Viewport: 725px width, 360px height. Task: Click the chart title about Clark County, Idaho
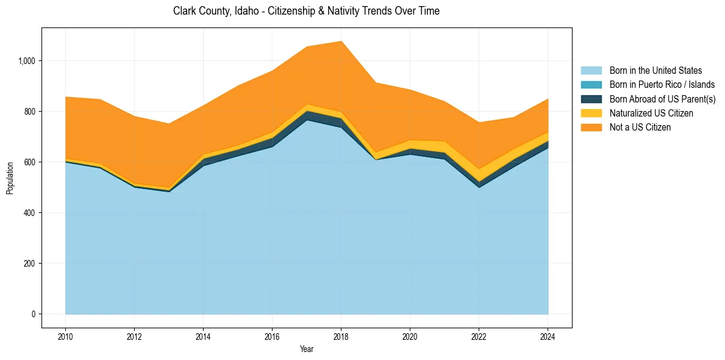point(306,11)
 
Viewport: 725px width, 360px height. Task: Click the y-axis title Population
point(10,178)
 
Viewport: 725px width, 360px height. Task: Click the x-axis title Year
point(307,349)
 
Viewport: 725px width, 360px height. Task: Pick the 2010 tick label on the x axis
point(65,336)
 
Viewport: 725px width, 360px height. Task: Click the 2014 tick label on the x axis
point(203,336)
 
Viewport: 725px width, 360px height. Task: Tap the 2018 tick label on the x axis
point(341,336)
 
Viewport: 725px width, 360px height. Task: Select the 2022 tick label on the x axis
point(479,336)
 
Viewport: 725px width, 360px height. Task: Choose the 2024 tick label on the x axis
point(548,336)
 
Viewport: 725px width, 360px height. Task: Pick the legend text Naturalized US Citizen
point(651,113)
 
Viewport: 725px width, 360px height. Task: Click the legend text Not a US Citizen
point(640,128)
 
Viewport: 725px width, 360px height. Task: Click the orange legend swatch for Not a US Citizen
point(591,128)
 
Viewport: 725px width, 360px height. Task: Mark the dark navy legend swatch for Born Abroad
point(591,99)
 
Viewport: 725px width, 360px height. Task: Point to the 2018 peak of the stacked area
point(341,41)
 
